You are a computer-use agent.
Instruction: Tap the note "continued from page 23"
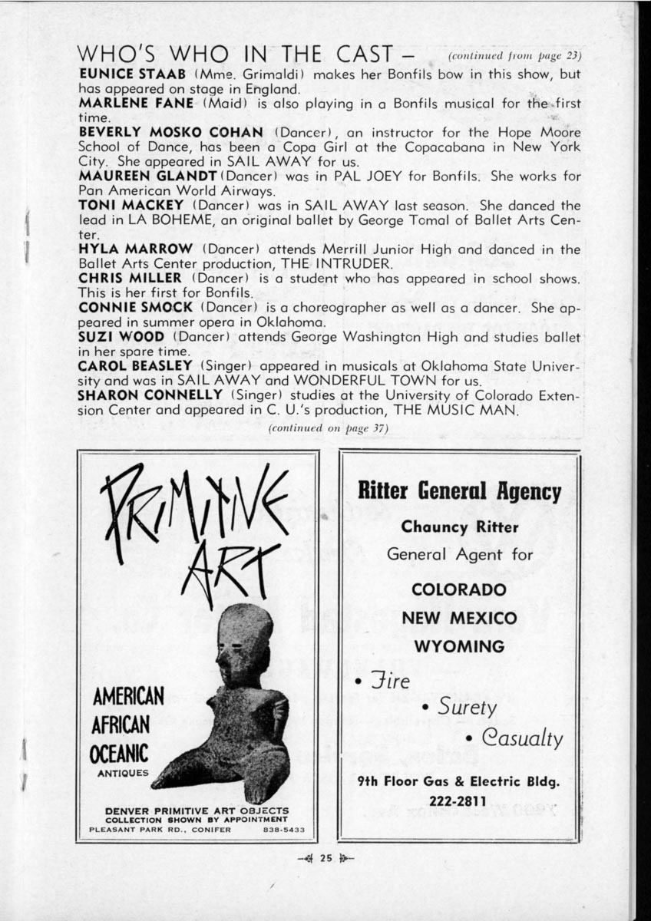coord(514,57)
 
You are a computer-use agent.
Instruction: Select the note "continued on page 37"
coord(328,427)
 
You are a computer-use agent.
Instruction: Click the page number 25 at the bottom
coord(325,859)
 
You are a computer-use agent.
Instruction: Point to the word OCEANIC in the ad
coord(119,751)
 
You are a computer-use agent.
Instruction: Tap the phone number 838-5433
coord(283,830)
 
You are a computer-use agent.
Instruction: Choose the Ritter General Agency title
coord(459,492)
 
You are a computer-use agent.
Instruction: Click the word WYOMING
coord(458,646)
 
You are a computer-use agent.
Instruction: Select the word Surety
coord(466,707)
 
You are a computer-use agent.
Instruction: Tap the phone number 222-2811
coord(458,803)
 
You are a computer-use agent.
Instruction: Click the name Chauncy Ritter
coord(459,527)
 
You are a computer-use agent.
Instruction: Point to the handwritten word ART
coord(223,568)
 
